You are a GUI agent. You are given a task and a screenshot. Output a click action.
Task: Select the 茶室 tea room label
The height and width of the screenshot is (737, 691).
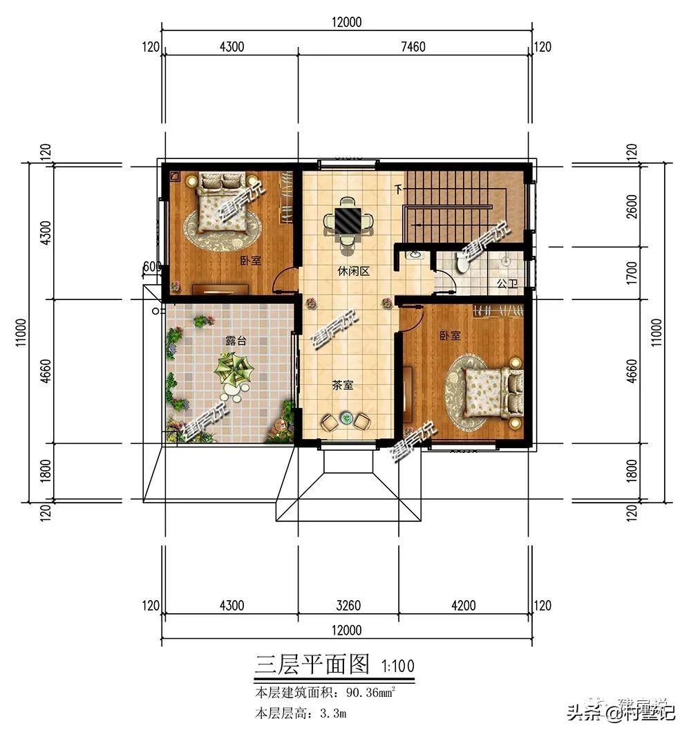coord(343,385)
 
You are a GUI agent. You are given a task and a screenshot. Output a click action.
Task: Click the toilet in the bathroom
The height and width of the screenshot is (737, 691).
coord(462,263)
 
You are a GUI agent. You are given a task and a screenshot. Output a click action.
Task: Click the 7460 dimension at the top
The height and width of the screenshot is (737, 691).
coord(413,47)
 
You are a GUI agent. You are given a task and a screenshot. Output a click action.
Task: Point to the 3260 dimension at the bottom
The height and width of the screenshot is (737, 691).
coord(348,606)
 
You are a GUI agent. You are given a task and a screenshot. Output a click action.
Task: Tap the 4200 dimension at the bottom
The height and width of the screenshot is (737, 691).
coord(463,606)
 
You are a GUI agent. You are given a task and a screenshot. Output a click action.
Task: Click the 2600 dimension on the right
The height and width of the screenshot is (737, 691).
coord(630,206)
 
